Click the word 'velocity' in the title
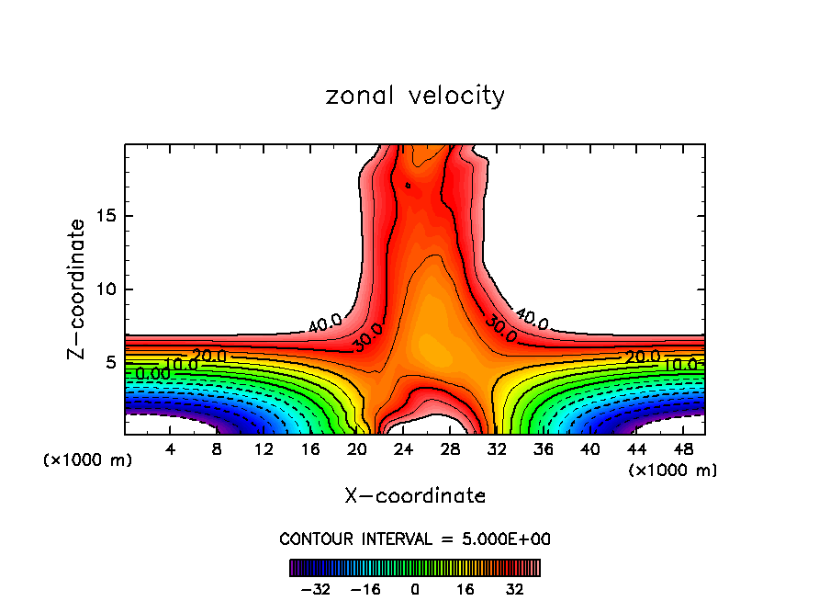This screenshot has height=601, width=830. (x=455, y=96)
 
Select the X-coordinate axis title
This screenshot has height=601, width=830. (x=415, y=496)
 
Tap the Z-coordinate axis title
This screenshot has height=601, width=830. (x=77, y=289)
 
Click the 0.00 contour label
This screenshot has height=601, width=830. (x=152, y=374)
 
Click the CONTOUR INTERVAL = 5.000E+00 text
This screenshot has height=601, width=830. (x=415, y=539)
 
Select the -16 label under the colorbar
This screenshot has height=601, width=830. (x=365, y=588)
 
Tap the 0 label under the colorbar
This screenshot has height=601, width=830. (x=415, y=588)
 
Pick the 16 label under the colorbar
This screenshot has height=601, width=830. (x=465, y=588)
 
